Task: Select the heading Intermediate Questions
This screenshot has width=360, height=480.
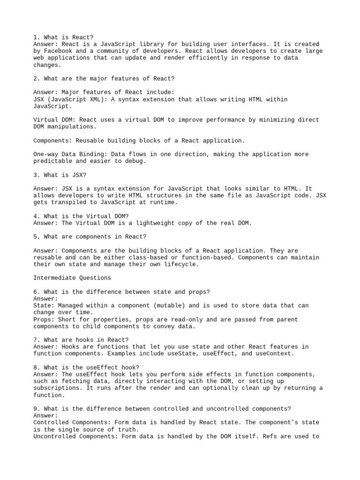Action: (x=72, y=278)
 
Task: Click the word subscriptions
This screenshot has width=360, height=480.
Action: (x=56, y=388)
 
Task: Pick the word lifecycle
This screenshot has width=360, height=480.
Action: (x=181, y=264)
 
